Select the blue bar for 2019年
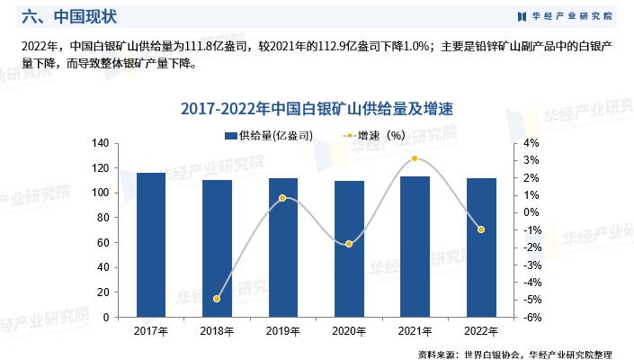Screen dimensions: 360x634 [x=283, y=247]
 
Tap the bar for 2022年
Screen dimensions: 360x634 [x=481, y=247]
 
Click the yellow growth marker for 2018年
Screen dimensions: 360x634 [x=217, y=299]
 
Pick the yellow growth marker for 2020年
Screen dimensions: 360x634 [x=349, y=244]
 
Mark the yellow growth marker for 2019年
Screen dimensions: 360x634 [x=282, y=198]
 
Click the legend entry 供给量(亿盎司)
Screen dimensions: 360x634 [x=270, y=135]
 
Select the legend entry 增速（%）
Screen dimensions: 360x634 [x=372, y=135]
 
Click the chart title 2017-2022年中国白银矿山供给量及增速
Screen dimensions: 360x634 [x=316, y=108]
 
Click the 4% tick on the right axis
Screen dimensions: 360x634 [x=531, y=143]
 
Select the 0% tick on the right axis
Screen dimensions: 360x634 [x=531, y=213]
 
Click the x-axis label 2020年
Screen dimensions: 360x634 [x=349, y=332]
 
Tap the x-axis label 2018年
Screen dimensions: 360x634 [x=217, y=332]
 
